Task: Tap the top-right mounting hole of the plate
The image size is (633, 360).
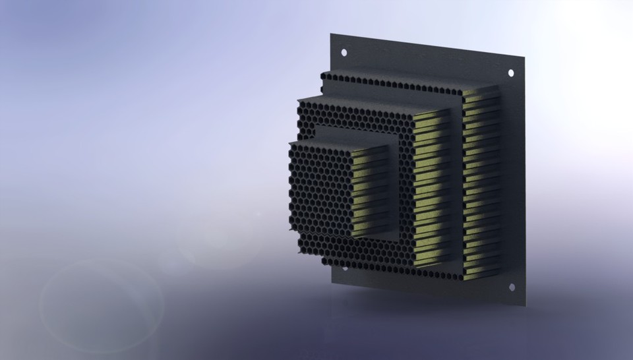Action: (510, 73)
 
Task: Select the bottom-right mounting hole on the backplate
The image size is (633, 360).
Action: (510, 287)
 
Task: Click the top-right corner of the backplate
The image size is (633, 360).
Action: (525, 57)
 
